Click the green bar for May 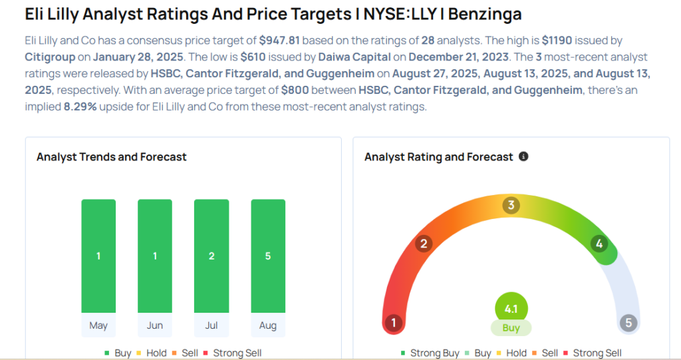tap(98, 256)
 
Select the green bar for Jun tap(155, 256)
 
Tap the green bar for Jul tap(211, 256)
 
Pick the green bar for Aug tap(268, 256)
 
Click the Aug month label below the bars tap(268, 326)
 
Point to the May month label tap(98, 326)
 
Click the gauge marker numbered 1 tap(394, 323)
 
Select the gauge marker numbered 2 tap(423, 244)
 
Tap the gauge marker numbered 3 tap(511, 205)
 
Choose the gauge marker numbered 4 tap(599, 244)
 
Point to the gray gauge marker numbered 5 tap(628, 323)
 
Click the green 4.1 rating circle tap(511, 309)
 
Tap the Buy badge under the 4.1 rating tap(511, 328)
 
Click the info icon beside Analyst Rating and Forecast tap(523, 156)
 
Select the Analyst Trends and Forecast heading tap(112, 157)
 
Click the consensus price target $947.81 tap(279, 41)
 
